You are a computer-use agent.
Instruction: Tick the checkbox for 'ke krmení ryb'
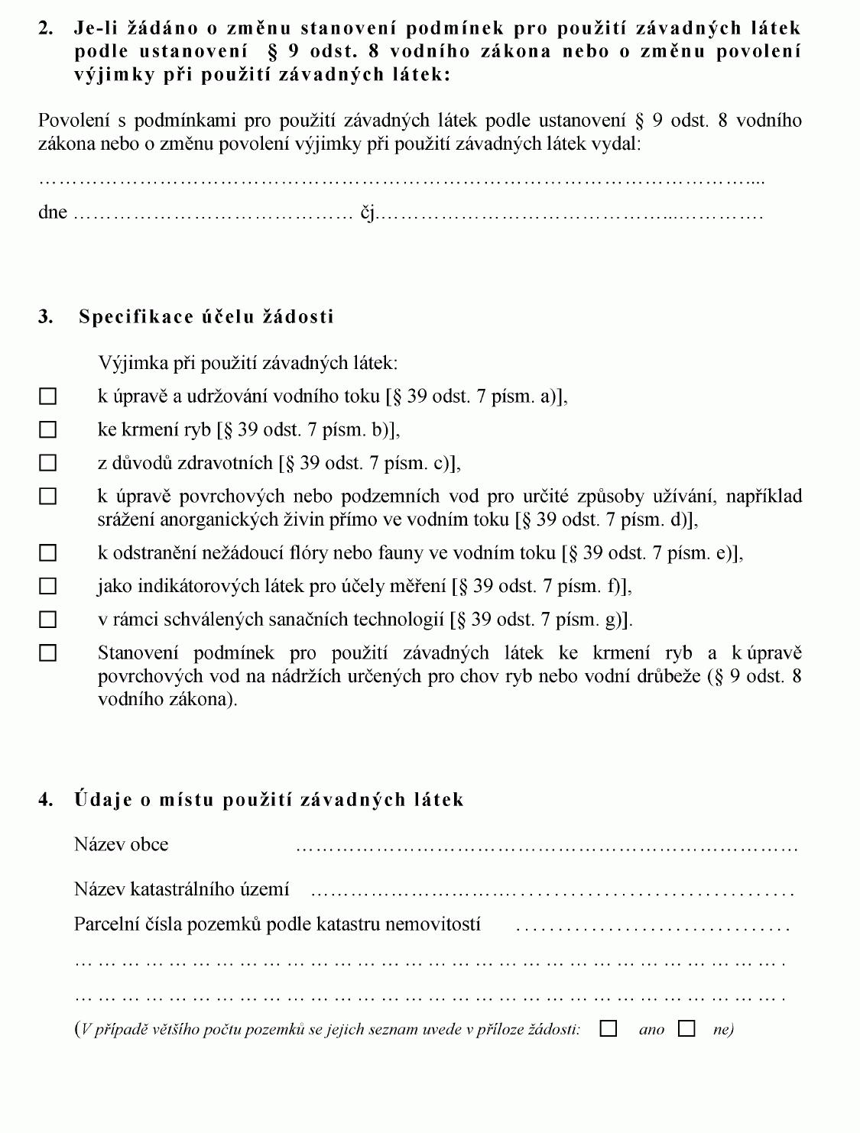click(48, 430)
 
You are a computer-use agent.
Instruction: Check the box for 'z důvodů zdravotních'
click(48, 463)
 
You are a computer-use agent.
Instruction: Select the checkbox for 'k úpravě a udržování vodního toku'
click(48, 397)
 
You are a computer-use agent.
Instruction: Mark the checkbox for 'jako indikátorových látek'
click(48, 586)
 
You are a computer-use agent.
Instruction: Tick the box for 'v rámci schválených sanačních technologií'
click(48, 620)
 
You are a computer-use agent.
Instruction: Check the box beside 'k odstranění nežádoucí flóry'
click(48, 552)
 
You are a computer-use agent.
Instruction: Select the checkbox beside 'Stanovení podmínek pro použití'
click(48, 653)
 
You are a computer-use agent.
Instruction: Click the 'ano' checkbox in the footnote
click(608, 1029)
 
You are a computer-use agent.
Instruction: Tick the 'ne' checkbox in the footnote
click(687, 1029)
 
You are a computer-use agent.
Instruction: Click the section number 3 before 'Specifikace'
click(45, 317)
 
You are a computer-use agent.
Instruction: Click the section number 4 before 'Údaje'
click(45, 800)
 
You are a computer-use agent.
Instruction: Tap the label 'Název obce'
click(121, 844)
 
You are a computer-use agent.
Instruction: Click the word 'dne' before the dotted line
click(53, 212)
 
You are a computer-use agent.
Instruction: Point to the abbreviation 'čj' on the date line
click(368, 213)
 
